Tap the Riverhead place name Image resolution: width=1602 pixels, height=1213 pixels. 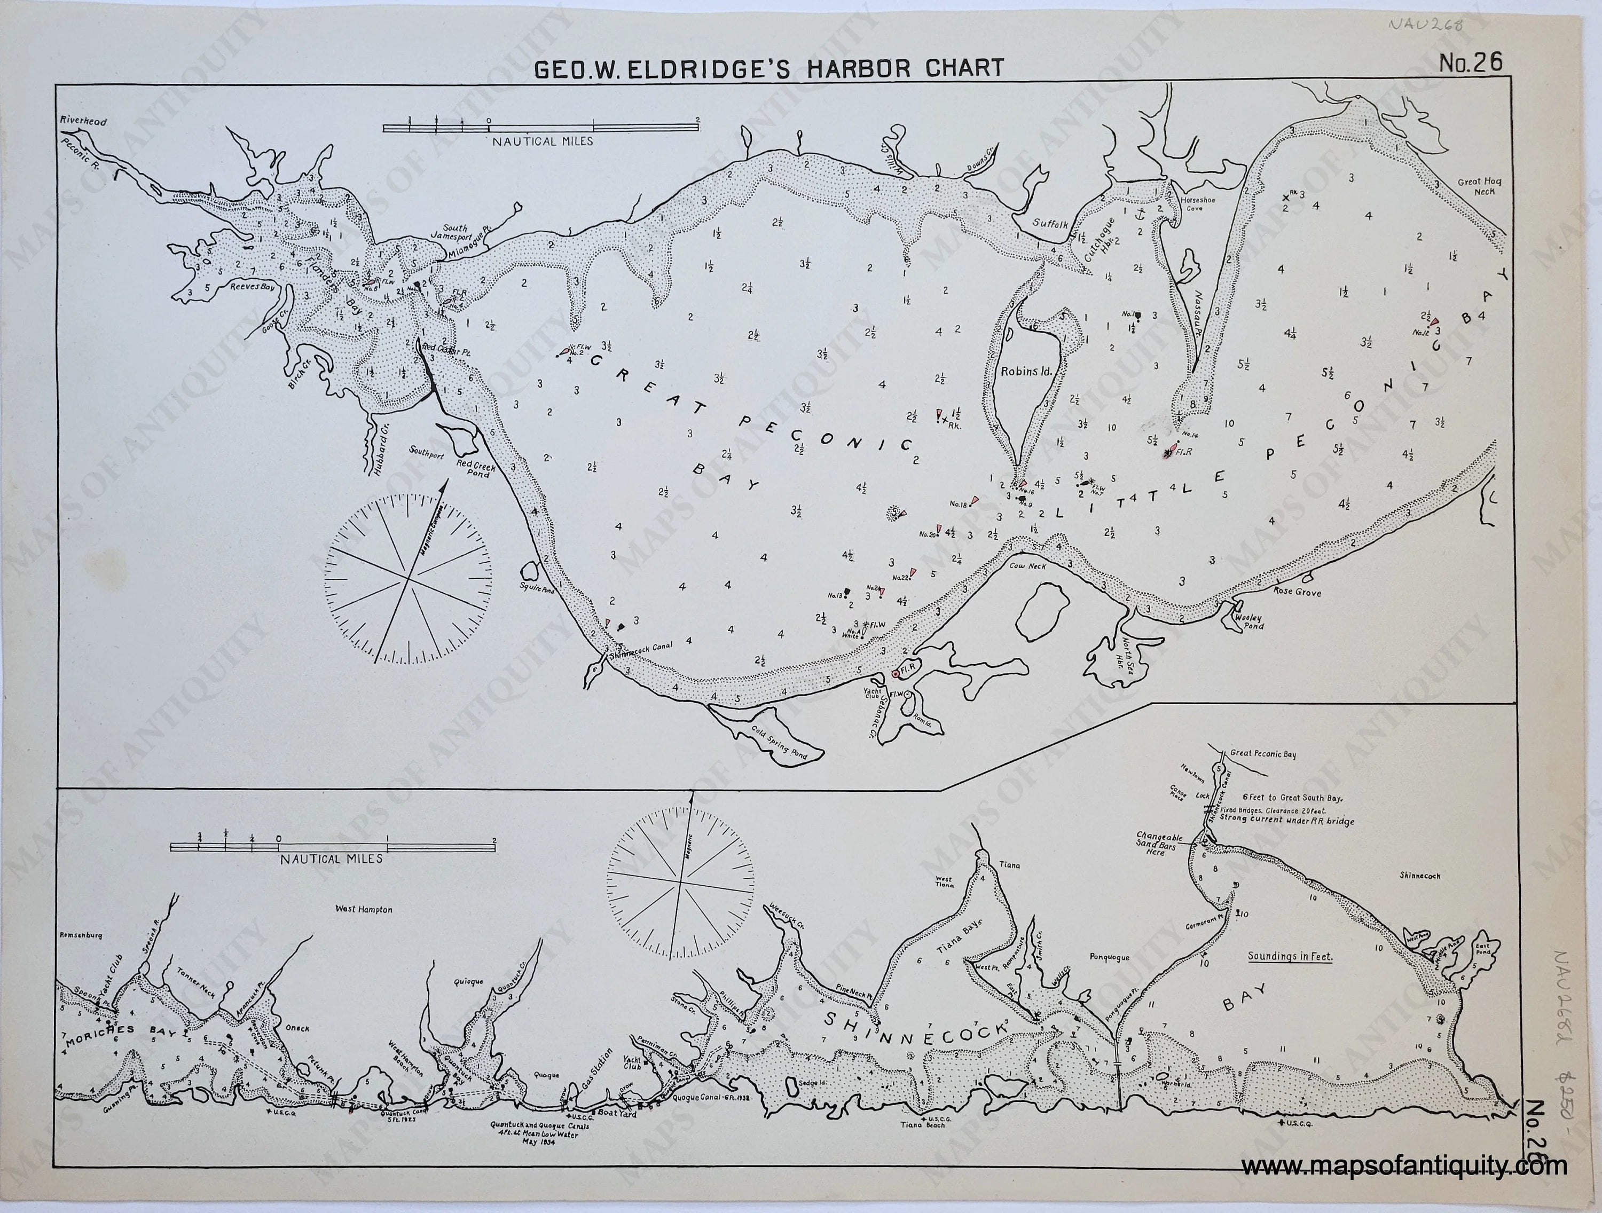83,122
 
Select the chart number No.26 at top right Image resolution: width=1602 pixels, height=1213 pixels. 1470,64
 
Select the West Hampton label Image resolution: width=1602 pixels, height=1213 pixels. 364,910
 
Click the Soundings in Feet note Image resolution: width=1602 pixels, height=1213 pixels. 1290,957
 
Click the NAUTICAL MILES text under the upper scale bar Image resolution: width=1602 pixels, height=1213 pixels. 543,142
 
